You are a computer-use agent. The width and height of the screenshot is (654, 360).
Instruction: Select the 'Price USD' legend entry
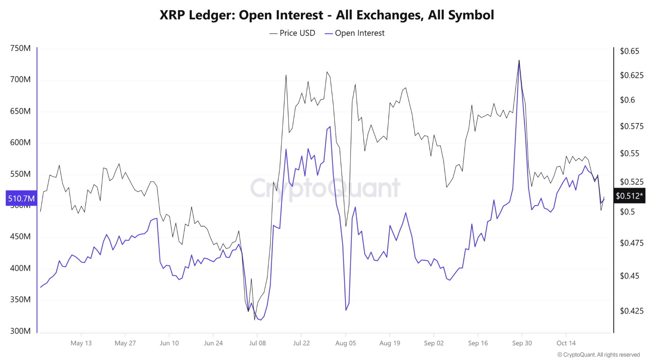293,33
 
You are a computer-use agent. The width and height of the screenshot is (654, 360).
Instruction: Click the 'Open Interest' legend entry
355,33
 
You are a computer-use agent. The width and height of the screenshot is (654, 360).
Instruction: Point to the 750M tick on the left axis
20,48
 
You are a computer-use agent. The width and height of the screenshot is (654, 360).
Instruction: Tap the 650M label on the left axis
20,111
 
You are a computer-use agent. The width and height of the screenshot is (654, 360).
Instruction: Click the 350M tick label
20,299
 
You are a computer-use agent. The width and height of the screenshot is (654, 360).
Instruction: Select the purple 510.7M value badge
21,198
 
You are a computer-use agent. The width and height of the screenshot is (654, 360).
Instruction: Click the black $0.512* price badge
629,196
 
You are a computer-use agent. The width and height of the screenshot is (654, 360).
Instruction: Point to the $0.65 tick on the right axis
629,51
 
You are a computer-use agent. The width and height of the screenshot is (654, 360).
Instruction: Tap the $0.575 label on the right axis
631,126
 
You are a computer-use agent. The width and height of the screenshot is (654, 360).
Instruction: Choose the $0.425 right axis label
631,311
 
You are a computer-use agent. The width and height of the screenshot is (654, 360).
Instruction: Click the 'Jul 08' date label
257,343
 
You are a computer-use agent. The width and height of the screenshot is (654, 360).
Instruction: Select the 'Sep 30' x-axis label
522,343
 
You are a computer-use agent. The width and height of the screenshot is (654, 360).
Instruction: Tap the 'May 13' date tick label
81,343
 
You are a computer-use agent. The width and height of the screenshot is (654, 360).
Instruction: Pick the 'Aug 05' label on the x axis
345,343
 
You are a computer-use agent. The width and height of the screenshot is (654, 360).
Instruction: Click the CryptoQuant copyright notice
598,354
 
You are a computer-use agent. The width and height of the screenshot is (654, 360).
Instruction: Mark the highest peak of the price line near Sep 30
519,61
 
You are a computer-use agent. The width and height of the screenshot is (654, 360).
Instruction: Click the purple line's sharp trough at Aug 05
346,310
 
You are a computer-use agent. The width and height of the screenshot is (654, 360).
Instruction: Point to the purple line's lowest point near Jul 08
261,320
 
